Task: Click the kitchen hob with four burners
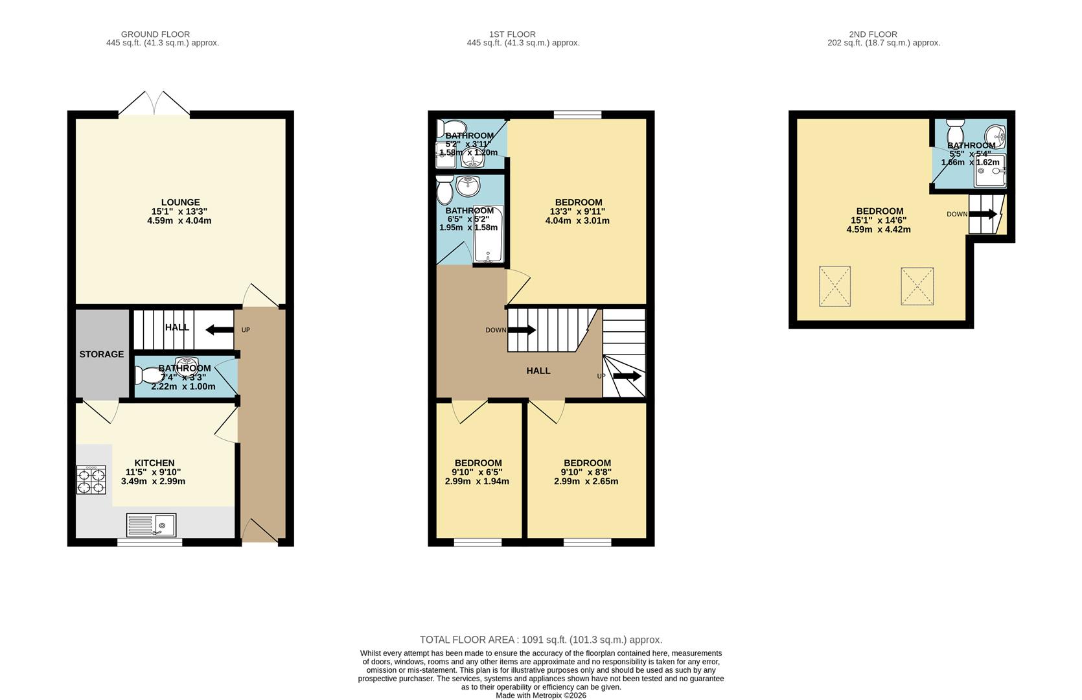[x=91, y=481]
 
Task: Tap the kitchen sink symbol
[x=151, y=524]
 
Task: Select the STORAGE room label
[x=102, y=354]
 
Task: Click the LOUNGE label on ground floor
[x=180, y=202]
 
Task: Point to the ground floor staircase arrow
[x=219, y=330]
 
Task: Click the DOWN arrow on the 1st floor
[x=522, y=330]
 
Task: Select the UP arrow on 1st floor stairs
[x=627, y=376]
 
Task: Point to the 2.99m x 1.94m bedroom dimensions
[x=477, y=482]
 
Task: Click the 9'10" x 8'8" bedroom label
[x=587, y=472]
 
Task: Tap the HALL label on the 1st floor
[x=538, y=371]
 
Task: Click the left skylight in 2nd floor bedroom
[x=835, y=286]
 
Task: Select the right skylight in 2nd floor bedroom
[x=917, y=286]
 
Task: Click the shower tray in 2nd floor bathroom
[x=989, y=170]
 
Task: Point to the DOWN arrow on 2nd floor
[x=987, y=214]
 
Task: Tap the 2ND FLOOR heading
[x=873, y=34]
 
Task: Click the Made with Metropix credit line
[x=540, y=695]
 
